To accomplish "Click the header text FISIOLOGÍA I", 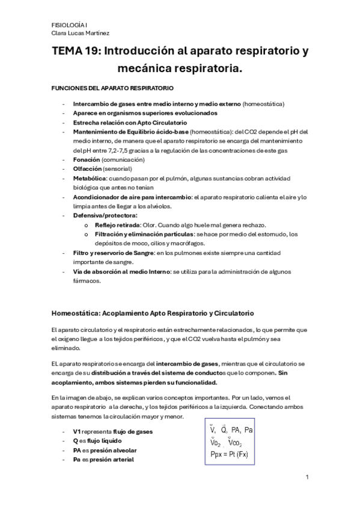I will coord(69,25).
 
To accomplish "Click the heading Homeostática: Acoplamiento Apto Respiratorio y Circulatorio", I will coord(153,313).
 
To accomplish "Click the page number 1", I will coord(307,478).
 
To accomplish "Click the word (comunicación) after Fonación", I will coord(123,160).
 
